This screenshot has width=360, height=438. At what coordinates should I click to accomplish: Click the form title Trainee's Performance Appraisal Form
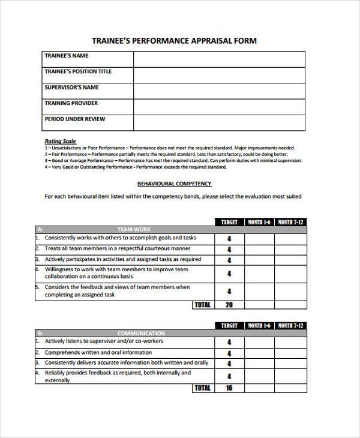174,41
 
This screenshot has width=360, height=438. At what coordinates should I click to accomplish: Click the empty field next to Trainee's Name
218,59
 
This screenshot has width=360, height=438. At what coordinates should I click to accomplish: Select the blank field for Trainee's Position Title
218,75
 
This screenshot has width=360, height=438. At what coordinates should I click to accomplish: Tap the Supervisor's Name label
71,88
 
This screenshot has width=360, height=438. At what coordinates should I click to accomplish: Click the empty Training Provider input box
218,107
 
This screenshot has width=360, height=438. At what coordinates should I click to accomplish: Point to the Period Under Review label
74,119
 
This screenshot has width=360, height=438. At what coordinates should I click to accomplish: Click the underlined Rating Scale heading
61,142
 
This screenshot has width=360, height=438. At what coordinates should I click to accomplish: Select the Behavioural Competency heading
174,184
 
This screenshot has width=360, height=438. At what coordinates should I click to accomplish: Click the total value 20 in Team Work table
229,305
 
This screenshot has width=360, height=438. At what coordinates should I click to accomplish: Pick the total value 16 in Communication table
229,388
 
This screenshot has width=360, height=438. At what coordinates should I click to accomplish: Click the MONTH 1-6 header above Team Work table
259,222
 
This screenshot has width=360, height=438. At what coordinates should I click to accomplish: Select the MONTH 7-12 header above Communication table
290,326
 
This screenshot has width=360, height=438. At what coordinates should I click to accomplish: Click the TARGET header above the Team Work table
229,222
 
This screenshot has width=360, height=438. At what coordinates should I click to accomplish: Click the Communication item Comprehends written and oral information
98,352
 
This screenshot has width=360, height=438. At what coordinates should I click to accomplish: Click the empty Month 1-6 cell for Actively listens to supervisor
259,342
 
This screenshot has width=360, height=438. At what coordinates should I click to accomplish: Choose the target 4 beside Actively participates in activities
229,260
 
